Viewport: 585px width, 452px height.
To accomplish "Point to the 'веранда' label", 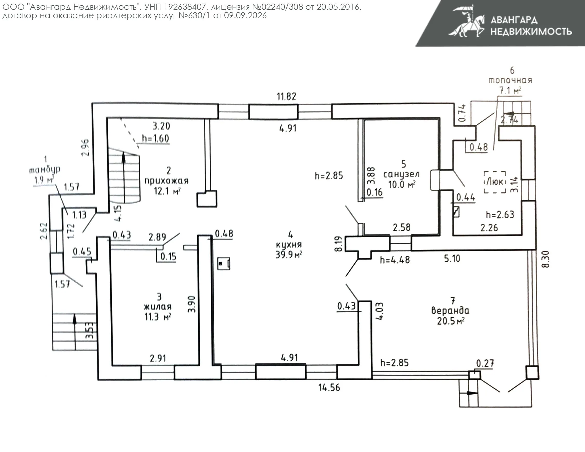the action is [x=450, y=311].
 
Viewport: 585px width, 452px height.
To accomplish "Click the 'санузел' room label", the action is [x=401, y=174].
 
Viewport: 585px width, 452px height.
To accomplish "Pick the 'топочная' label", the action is [x=510, y=80].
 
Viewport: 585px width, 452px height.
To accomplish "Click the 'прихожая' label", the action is [x=166, y=181].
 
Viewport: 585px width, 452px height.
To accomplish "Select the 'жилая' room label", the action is [x=158, y=307].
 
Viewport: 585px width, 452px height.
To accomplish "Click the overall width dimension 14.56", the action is [x=329, y=388].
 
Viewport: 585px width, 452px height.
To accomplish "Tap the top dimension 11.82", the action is [x=287, y=96].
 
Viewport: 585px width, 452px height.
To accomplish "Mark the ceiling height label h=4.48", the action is [x=395, y=260].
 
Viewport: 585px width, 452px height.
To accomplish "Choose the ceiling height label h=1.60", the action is [x=155, y=138].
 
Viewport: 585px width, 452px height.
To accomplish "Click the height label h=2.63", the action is [x=500, y=215].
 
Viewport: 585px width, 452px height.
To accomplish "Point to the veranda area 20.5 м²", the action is [x=451, y=321].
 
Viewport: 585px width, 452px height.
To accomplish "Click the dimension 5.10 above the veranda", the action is [x=452, y=258].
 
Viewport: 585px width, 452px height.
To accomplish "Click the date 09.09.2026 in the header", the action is [x=245, y=15].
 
